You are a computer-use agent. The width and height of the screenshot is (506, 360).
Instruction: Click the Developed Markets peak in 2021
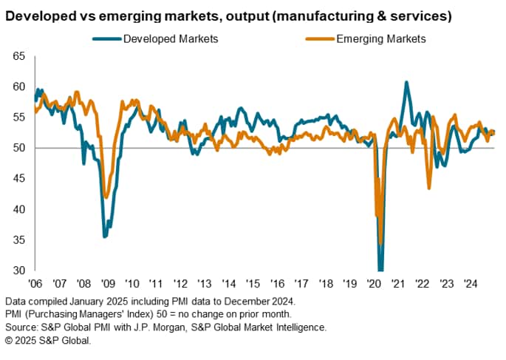[406, 82]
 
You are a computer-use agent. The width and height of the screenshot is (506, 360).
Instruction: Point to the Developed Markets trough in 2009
[105, 237]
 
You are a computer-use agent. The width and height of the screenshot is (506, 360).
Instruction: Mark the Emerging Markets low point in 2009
[106, 197]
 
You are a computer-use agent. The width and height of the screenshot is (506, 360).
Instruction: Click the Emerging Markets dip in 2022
[429, 189]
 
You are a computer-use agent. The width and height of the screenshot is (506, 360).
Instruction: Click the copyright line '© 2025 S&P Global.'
[48, 339]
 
